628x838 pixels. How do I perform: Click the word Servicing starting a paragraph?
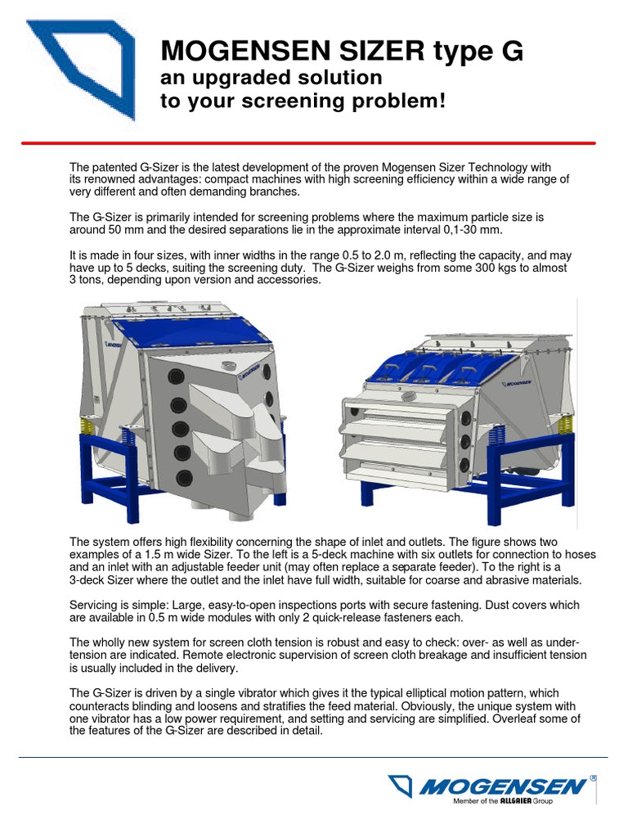click(96, 606)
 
